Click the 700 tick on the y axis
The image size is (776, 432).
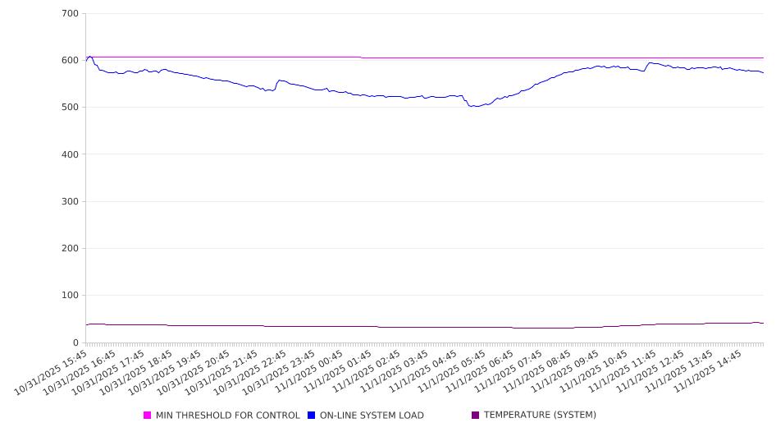point(70,14)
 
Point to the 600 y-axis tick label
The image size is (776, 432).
point(70,61)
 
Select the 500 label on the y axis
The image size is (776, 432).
point(70,108)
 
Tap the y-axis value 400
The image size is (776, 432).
point(70,154)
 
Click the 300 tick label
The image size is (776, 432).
point(70,202)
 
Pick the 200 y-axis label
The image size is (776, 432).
point(70,249)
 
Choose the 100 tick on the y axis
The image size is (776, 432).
point(70,296)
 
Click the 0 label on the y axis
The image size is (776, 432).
point(75,342)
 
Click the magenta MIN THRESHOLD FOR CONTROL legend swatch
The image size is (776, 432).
point(148,416)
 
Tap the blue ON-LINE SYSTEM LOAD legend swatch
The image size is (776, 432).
point(312,416)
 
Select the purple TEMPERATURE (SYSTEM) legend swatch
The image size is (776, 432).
point(476,416)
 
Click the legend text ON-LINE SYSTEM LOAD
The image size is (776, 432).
point(372,416)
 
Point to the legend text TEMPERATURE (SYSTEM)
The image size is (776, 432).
point(540,416)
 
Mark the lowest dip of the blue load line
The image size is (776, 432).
point(474,107)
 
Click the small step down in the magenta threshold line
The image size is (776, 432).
point(362,57)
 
